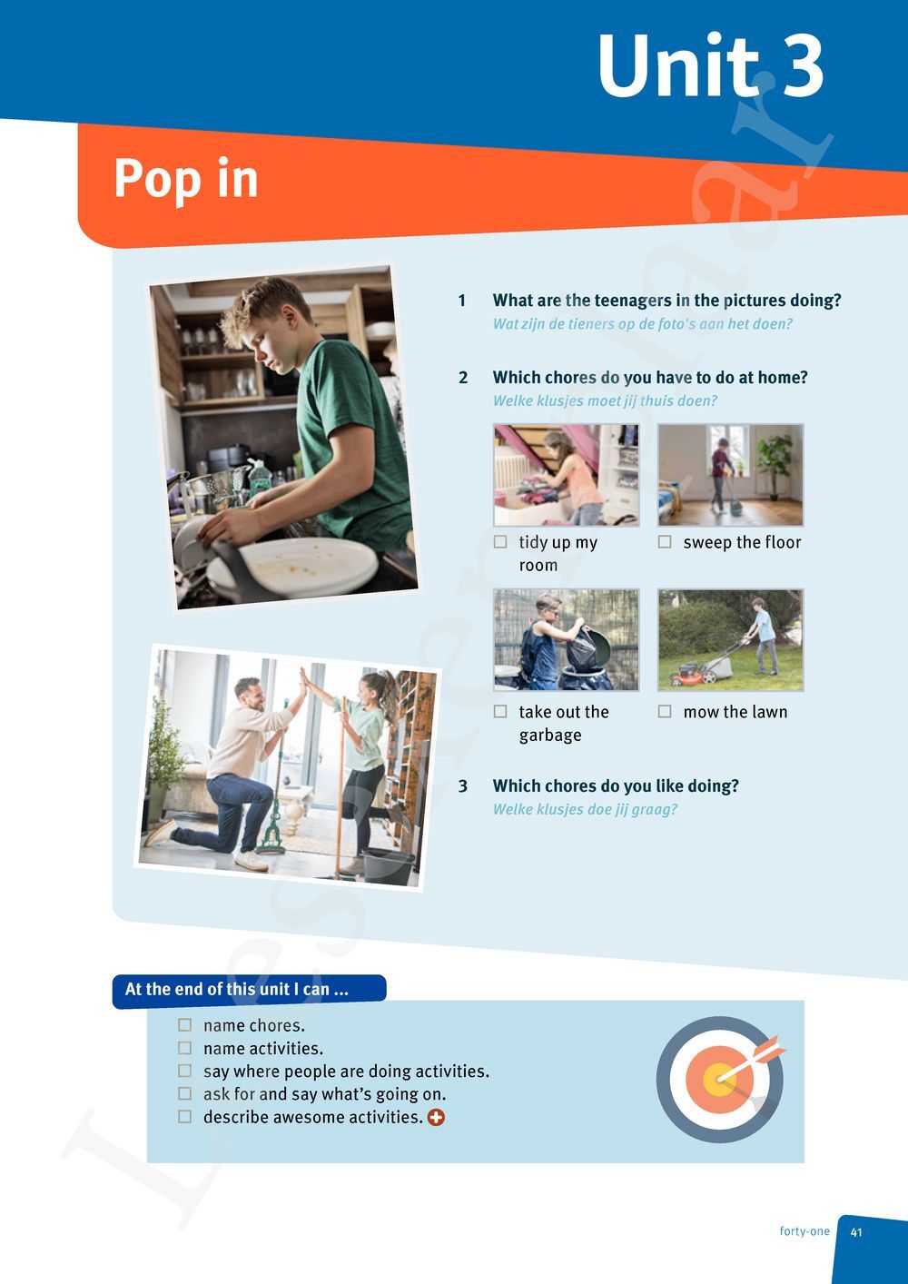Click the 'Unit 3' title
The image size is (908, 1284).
[x=709, y=66]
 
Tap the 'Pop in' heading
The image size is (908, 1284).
[x=185, y=178]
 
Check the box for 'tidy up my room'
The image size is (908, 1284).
[x=500, y=542]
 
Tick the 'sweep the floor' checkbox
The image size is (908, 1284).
[x=665, y=542]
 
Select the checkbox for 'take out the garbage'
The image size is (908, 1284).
[x=500, y=712]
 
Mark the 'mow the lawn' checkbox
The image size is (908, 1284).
[x=665, y=712]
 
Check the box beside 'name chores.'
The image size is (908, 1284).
[x=185, y=1025]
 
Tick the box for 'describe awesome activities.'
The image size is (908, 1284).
[x=185, y=1117]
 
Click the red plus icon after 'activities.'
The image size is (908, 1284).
[x=437, y=1118]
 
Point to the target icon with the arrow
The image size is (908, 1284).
[x=720, y=1079]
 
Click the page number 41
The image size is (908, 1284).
[x=856, y=1232]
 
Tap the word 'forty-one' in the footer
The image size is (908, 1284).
[x=804, y=1232]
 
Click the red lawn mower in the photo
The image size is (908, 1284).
[x=696, y=671]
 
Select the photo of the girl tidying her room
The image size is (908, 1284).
[x=566, y=475]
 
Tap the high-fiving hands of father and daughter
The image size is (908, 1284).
[x=305, y=678]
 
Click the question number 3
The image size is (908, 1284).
[x=463, y=786]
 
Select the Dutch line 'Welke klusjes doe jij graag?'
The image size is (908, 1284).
[x=585, y=810]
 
